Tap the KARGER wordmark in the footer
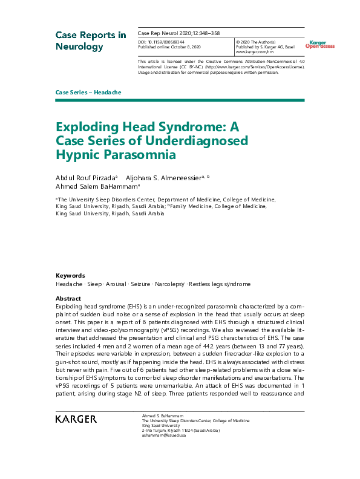pos(76,419)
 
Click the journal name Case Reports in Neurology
pos(91,41)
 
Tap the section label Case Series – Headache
pos(88,92)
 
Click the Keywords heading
pos(70,275)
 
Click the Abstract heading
pos(68,299)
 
